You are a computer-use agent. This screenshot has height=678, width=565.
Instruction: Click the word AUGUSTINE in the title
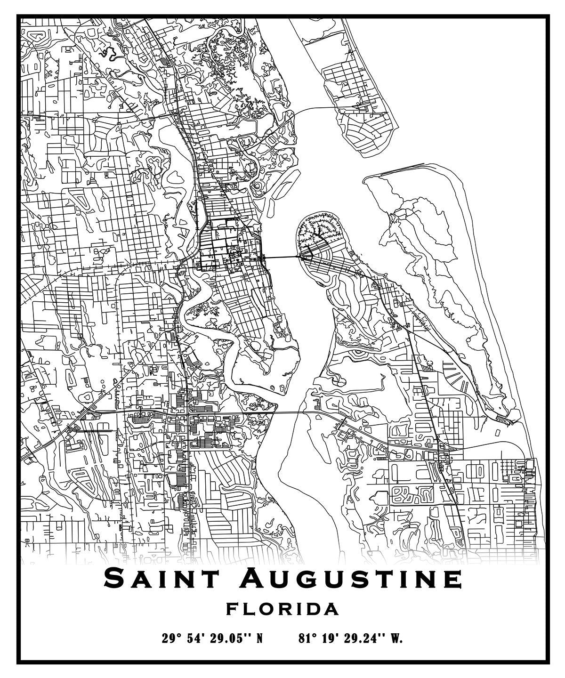[x=350, y=578]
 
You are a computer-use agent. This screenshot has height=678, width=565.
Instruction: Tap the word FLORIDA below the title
[x=282, y=609]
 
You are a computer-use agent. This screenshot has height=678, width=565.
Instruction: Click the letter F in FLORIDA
[x=232, y=609]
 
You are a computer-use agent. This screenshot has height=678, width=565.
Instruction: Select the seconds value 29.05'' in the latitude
[x=228, y=639]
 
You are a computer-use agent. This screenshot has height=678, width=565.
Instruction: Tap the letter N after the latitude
[x=258, y=639]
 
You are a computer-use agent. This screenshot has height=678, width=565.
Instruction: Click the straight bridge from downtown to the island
[x=282, y=257]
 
